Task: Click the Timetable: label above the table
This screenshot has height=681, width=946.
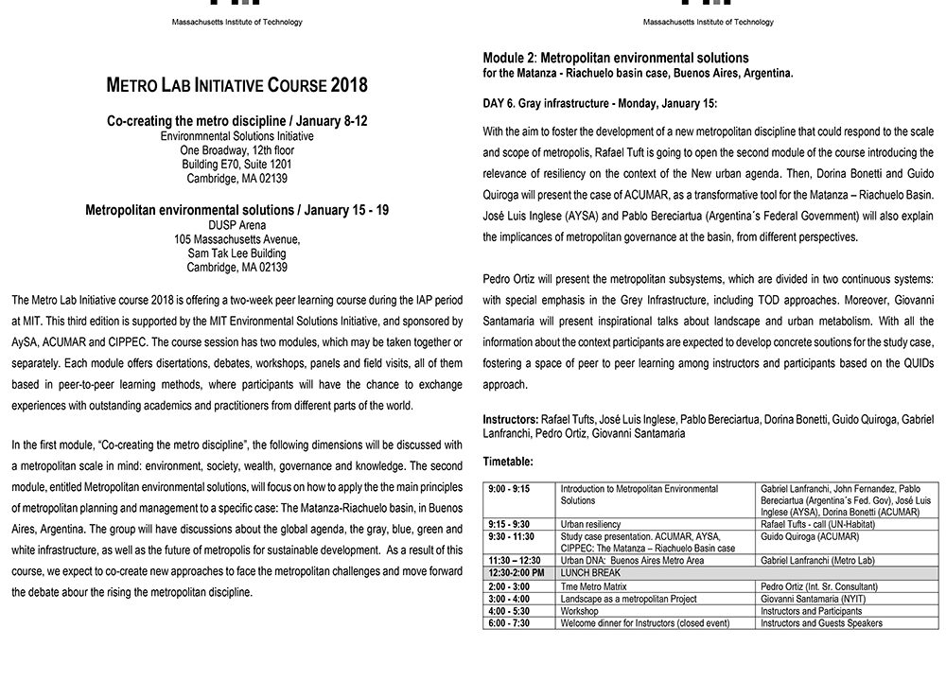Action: tap(508, 462)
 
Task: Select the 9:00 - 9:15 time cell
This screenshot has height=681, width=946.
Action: tap(509, 489)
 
